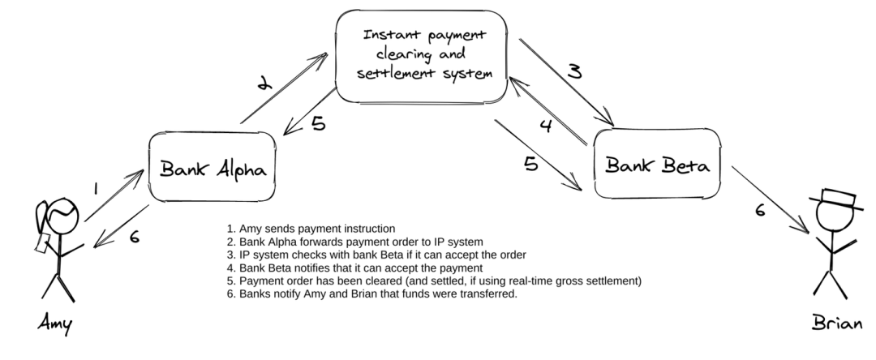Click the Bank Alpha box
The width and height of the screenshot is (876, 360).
(x=213, y=167)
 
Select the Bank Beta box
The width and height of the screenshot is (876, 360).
(x=657, y=164)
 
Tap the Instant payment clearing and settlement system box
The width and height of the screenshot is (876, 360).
(x=422, y=57)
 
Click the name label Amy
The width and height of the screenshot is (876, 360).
(x=55, y=324)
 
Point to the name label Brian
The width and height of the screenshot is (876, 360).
(x=837, y=323)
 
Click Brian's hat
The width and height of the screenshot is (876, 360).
(x=836, y=199)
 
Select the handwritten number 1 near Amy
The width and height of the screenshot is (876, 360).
(x=96, y=189)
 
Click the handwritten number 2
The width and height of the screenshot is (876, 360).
(x=264, y=84)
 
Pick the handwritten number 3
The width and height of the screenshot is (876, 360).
(x=575, y=71)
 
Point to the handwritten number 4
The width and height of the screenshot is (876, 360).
(x=546, y=126)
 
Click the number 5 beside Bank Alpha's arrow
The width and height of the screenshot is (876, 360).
(x=319, y=122)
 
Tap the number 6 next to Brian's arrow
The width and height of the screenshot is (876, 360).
(x=760, y=210)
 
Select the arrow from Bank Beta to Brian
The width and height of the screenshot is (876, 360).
(x=770, y=199)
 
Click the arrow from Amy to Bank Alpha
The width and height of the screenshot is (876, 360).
(x=114, y=195)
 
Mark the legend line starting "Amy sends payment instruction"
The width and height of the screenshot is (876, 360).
(x=311, y=229)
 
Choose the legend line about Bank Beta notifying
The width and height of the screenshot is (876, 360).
(x=354, y=268)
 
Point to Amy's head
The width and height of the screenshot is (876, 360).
(x=62, y=216)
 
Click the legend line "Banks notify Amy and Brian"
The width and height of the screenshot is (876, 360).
(x=372, y=294)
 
